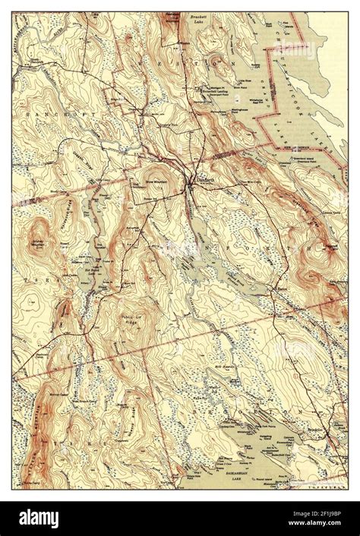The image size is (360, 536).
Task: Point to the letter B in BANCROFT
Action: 21,111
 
